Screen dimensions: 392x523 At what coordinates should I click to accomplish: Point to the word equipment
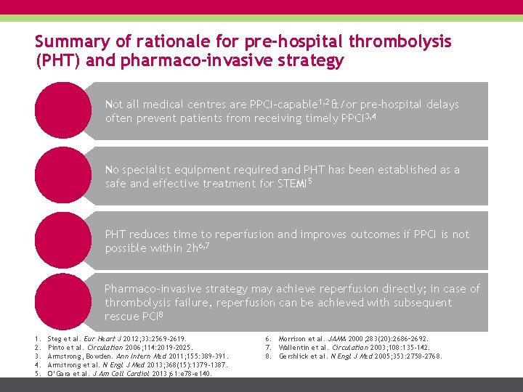click(x=194, y=170)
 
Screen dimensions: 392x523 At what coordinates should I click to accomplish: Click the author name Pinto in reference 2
click(x=57, y=347)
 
